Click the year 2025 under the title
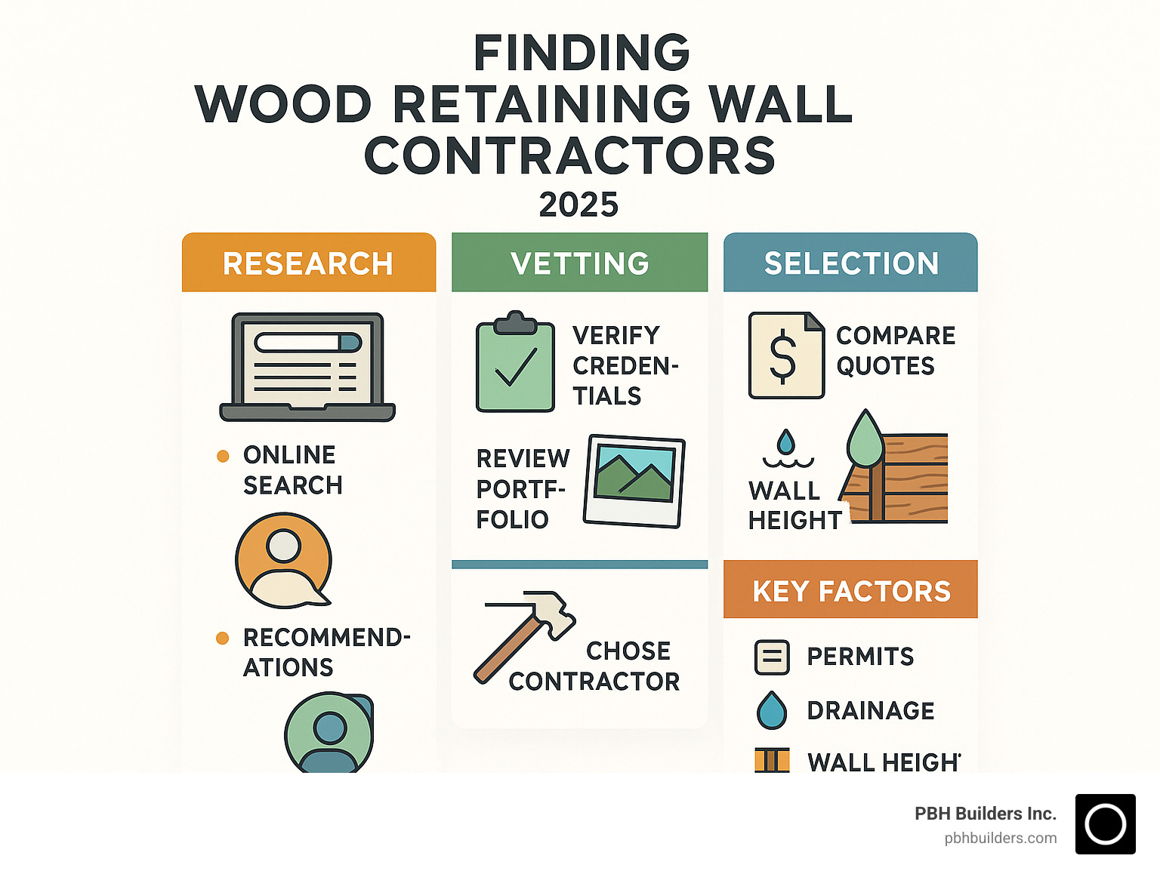click(x=578, y=205)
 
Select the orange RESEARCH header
click(x=308, y=263)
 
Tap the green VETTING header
click(x=579, y=263)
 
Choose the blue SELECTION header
click(x=850, y=263)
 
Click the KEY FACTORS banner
click(x=850, y=590)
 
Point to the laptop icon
click(x=307, y=367)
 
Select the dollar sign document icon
click(x=785, y=355)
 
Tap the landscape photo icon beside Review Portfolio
click(x=634, y=481)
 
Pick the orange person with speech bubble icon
click(x=284, y=560)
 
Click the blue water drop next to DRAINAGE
click(x=771, y=710)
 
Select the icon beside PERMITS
click(x=772, y=657)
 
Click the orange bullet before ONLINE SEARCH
click(x=223, y=456)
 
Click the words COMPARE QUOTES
click(x=895, y=350)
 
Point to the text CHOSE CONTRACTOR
click(x=595, y=666)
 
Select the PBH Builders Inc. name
click(x=985, y=814)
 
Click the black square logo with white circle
click(x=1105, y=824)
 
